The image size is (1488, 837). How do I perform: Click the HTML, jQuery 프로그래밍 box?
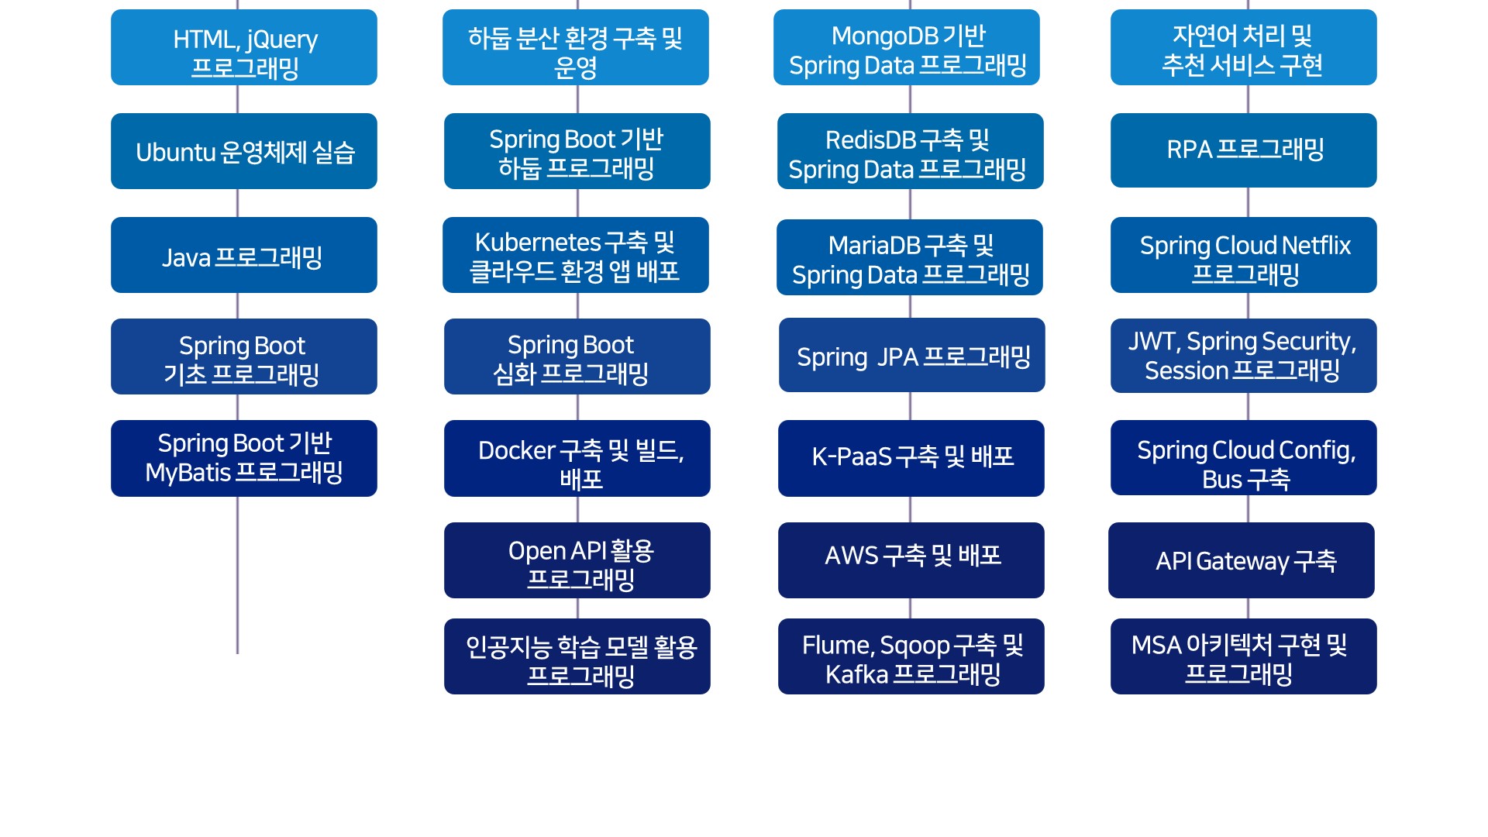[x=244, y=47]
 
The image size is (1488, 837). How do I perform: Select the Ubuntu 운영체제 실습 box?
[x=244, y=151]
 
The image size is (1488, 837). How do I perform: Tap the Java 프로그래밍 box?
[x=244, y=255]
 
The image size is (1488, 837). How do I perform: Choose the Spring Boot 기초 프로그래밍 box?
[x=244, y=356]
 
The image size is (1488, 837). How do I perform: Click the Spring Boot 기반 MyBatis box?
[x=244, y=458]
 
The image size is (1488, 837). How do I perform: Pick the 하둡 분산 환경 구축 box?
[x=576, y=47]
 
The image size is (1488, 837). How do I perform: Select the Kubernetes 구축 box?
[x=576, y=255]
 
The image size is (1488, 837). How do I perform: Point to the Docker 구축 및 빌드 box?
[x=577, y=458]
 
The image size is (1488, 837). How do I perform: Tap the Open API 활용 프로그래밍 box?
[x=577, y=560]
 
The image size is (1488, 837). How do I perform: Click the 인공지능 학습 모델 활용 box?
[x=577, y=656]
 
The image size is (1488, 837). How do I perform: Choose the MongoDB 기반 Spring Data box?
[x=907, y=47]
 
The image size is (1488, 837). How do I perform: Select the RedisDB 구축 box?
[x=911, y=151]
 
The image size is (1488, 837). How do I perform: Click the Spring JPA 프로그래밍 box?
[x=912, y=355]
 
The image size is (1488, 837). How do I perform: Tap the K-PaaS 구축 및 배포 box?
[x=911, y=458]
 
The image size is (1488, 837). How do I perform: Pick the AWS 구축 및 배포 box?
[x=911, y=560]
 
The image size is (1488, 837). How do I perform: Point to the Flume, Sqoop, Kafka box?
[x=911, y=656]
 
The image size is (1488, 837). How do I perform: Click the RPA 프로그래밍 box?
[x=1244, y=150]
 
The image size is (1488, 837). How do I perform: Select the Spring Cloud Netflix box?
[x=1244, y=255]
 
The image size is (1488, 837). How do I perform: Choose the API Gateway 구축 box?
[x=1242, y=560]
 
